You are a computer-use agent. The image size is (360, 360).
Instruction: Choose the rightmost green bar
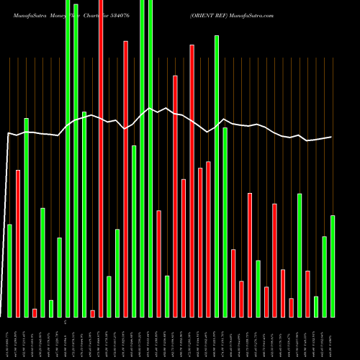[x=333, y=266]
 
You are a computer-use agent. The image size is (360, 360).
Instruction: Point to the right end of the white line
[x=332, y=137]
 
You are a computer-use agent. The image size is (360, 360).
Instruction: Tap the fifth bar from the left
[x=42, y=263]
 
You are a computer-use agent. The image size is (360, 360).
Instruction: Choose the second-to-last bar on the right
[x=324, y=276]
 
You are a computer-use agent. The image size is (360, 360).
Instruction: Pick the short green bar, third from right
[x=316, y=307]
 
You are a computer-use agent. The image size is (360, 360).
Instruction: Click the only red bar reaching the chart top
[x=101, y=158]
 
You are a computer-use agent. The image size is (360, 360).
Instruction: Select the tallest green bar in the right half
[x=217, y=176]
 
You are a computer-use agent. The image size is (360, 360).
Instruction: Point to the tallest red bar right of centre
[x=192, y=181]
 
